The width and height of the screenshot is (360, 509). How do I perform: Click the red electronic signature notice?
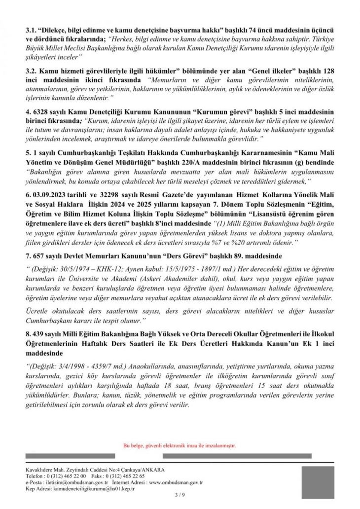click(180, 445)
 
